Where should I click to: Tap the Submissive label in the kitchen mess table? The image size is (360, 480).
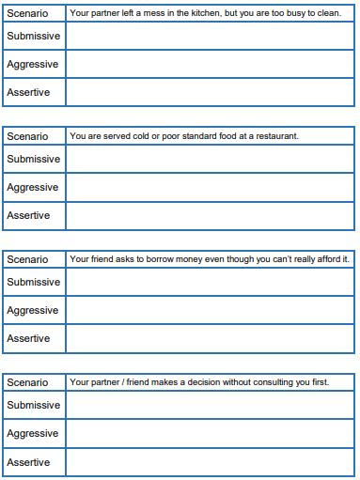coord(33,36)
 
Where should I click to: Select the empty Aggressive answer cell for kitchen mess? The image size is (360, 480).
coord(211,64)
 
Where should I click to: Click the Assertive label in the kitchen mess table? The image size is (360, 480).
coord(28,92)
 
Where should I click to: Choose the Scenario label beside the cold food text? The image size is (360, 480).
coord(27,136)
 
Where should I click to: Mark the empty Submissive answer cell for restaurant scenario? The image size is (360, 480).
coord(211,159)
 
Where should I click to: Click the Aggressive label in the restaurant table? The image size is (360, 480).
coord(33,187)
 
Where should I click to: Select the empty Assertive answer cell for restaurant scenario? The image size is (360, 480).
coord(211,215)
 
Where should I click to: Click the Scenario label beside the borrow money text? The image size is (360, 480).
coord(27,259)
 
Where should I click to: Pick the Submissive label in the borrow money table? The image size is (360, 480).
coord(33,282)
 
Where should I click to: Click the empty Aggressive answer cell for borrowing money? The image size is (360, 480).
coord(211,310)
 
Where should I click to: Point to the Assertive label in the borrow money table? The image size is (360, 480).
coord(28,338)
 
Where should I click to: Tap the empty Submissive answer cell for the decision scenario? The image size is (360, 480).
coord(211,405)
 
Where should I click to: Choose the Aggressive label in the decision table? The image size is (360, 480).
coord(33,433)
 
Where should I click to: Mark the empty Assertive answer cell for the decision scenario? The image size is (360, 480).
coord(211,462)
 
